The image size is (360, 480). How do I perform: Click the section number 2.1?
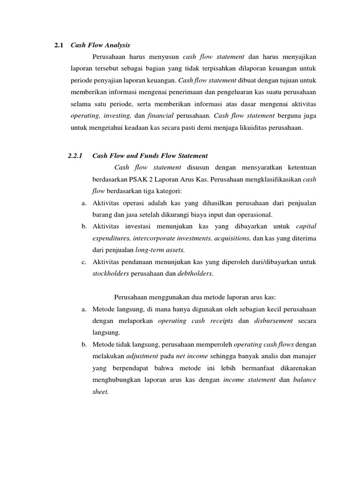(59, 45)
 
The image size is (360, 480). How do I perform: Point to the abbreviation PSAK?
(141, 180)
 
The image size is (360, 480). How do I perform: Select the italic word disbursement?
(273, 321)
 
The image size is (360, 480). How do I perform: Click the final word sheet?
(100, 392)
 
